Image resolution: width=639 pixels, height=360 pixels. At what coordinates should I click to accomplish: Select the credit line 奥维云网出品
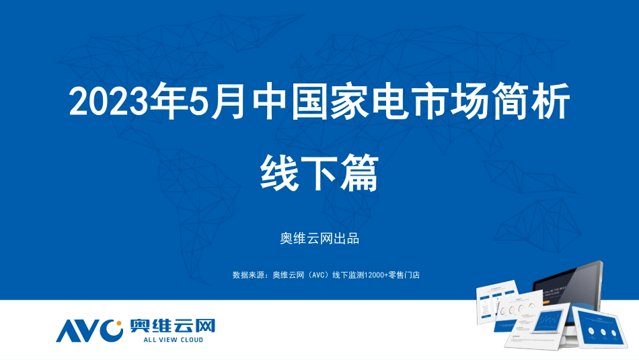click(x=319, y=238)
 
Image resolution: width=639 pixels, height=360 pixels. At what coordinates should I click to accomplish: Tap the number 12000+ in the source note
click(x=373, y=275)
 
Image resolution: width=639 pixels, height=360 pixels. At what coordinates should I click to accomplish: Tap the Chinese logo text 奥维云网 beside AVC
click(x=172, y=326)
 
